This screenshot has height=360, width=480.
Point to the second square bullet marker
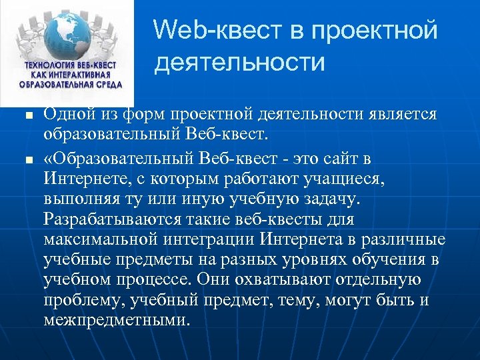point(27,160)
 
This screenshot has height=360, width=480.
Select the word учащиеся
point(355,180)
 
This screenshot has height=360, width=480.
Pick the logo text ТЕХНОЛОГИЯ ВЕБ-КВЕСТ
point(70,65)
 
